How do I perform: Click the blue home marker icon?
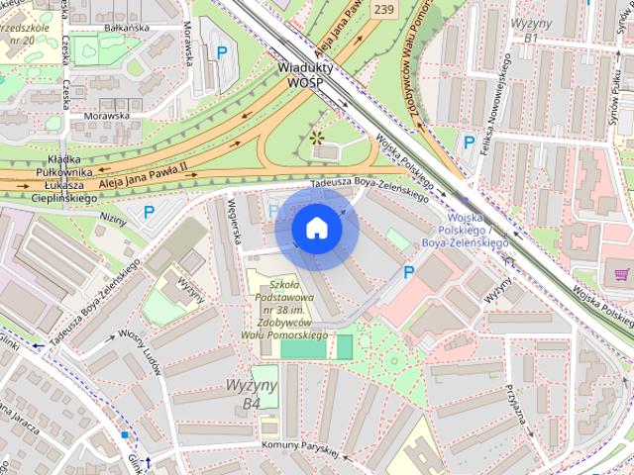point(316,228)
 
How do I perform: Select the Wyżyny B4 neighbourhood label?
point(265,394)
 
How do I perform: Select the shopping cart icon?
point(621,274)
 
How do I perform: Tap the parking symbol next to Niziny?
point(149,211)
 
